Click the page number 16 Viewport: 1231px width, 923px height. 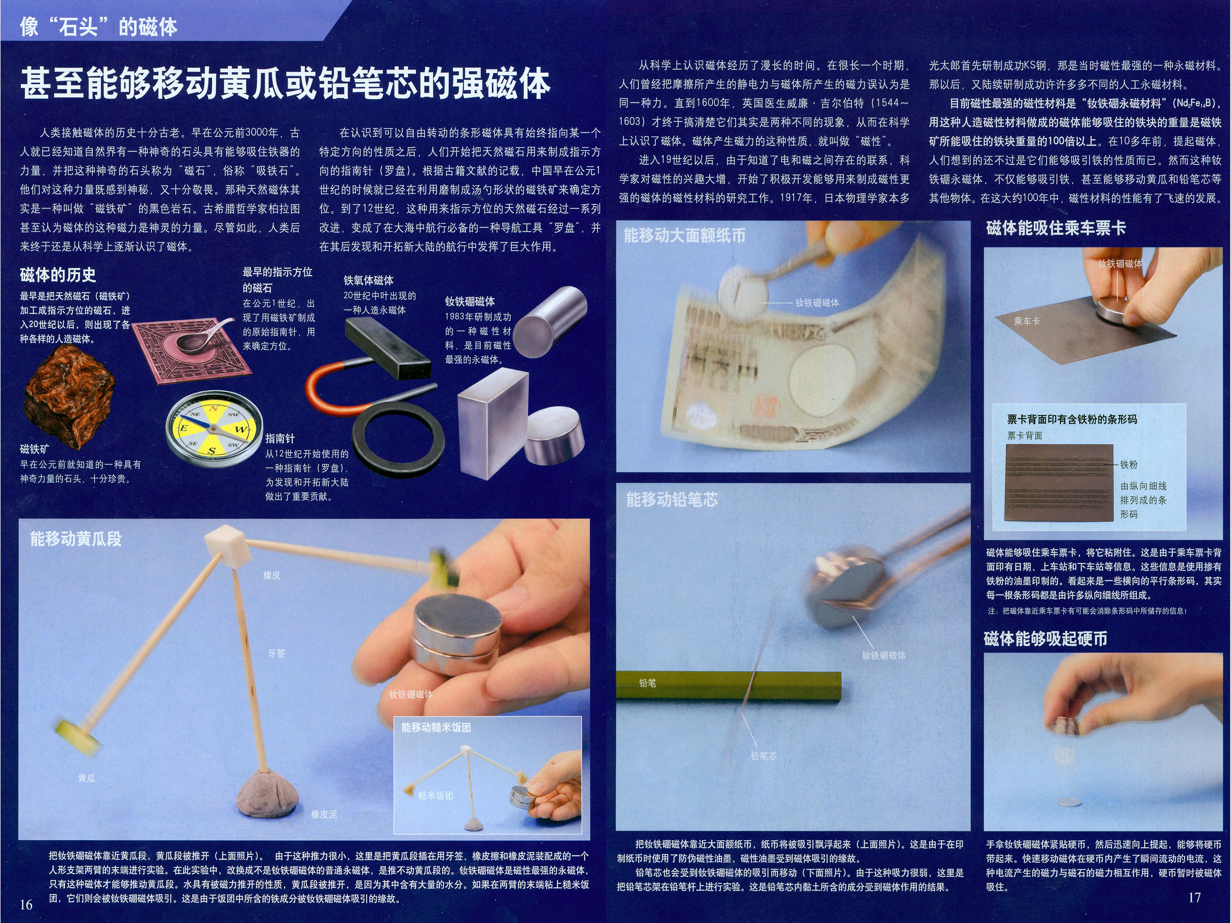(x=26, y=904)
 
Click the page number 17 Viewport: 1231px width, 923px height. (x=1194, y=897)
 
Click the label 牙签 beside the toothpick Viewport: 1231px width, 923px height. (x=276, y=653)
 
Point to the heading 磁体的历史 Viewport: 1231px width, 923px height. (x=58, y=275)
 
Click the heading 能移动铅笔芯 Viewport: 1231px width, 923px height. (x=672, y=500)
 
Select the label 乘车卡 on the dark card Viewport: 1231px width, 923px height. (x=1027, y=321)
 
